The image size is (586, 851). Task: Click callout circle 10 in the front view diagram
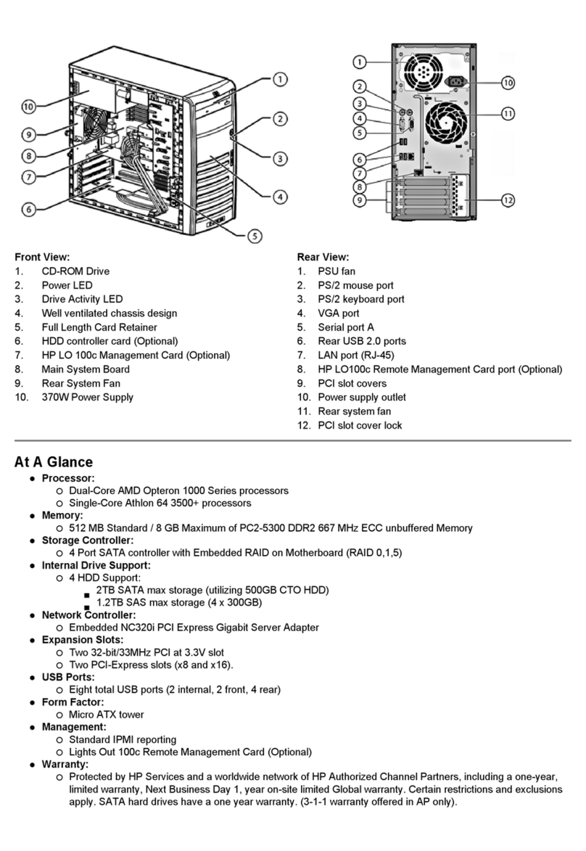point(28,107)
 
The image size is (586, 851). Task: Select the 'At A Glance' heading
point(54,462)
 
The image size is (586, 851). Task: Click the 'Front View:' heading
point(42,257)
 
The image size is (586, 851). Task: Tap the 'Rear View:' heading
point(323,257)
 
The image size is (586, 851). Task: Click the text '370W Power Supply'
point(87,397)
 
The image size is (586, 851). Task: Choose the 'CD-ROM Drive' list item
point(75,271)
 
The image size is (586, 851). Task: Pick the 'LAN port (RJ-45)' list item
point(356,355)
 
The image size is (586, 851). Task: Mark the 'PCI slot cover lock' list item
point(360,425)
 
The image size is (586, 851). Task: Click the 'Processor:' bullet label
point(68,478)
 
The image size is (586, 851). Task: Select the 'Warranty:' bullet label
point(65,764)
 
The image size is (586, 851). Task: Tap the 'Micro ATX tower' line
point(106,714)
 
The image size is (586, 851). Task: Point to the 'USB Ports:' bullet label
point(68,677)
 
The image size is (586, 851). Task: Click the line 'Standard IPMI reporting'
point(122,739)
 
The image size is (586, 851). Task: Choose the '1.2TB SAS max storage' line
point(178,602)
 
